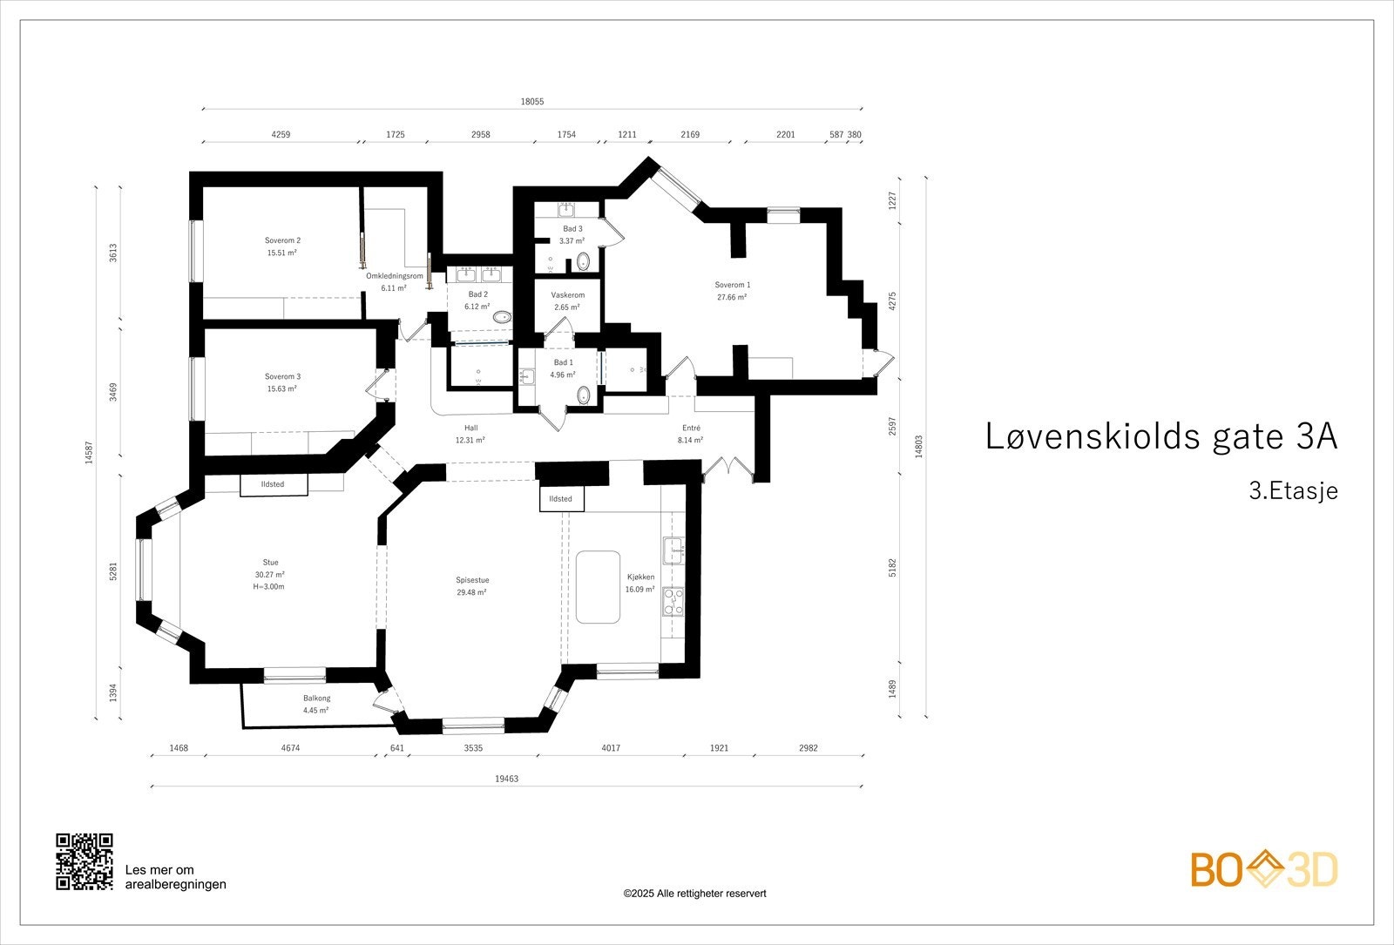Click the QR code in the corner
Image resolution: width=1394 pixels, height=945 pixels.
tap(85, 861)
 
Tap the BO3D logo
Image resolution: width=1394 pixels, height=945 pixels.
tap(1264, 869)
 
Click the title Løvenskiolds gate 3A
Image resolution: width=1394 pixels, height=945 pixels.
tap(1161, 436)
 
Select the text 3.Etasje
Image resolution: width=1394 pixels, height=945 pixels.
tap(1293, 491)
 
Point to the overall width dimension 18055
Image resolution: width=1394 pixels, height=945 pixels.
tap(532, 102)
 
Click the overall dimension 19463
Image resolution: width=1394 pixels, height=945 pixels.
tap(506, 779)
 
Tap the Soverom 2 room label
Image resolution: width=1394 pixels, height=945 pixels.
tap(282, 240)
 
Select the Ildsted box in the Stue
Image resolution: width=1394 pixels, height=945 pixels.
tap(273, 484)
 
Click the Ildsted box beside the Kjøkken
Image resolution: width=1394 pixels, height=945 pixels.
tap(561, 499)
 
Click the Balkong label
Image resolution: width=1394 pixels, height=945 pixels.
tap(316, 698)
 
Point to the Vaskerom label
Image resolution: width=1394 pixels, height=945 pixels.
tap(567, 295)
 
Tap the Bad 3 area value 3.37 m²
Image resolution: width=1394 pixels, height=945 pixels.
tap(572, 241)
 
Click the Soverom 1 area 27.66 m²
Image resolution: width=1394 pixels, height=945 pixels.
tap(732, 297)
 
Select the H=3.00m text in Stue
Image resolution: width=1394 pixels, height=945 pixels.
tap(270, 587)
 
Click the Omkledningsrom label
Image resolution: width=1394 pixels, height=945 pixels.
tap(394, 276)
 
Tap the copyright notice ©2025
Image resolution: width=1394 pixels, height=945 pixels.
tap(694, 894)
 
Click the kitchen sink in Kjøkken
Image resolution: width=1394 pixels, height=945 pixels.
tap(674, 550)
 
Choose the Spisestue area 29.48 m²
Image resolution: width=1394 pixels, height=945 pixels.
tap(471, 592)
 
